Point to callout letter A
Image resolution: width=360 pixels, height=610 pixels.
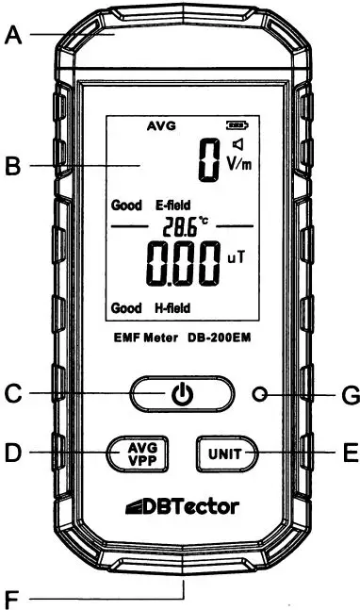click(x=13, y=36)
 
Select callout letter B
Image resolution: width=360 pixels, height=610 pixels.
click(x=13, y=168)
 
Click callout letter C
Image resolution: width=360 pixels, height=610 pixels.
click(x=13, y=395)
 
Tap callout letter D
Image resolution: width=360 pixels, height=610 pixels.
click(x=13, y=453)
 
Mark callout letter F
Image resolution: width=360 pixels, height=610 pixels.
click(x=13, y=596)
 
